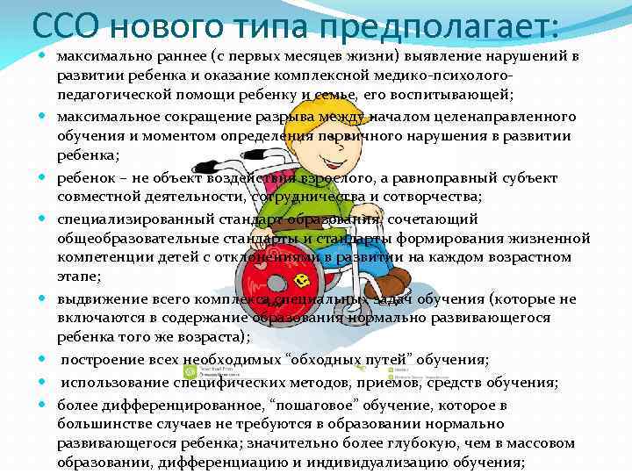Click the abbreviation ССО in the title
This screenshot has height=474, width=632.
click(63, 25)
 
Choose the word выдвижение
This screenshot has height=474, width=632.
click(97, 298)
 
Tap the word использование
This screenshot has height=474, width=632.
click(113, 382)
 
